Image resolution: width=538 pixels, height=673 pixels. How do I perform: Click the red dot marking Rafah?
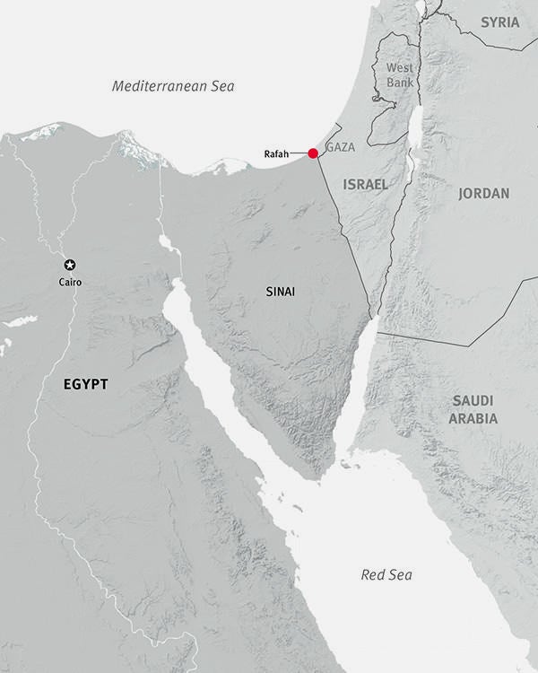tap(313, 153)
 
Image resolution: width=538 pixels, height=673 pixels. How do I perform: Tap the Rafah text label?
tap(276, 154)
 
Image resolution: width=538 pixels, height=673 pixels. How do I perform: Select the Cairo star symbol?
tap(70, 265)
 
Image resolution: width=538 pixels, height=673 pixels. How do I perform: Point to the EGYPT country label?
tap(86, 384)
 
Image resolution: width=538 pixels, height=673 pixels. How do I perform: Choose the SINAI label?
tap(281, 292)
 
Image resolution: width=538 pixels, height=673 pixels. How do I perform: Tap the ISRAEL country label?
tap(366, 184)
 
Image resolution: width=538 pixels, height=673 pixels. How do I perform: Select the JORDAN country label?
tap(483, 193)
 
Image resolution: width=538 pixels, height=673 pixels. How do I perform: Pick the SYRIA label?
tap(500, 22)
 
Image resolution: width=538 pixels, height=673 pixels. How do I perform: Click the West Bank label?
tap(400, 75)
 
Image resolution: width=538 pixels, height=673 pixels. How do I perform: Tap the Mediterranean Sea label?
tap(173, 86)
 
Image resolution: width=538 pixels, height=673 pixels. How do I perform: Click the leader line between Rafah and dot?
tap(299, 154)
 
